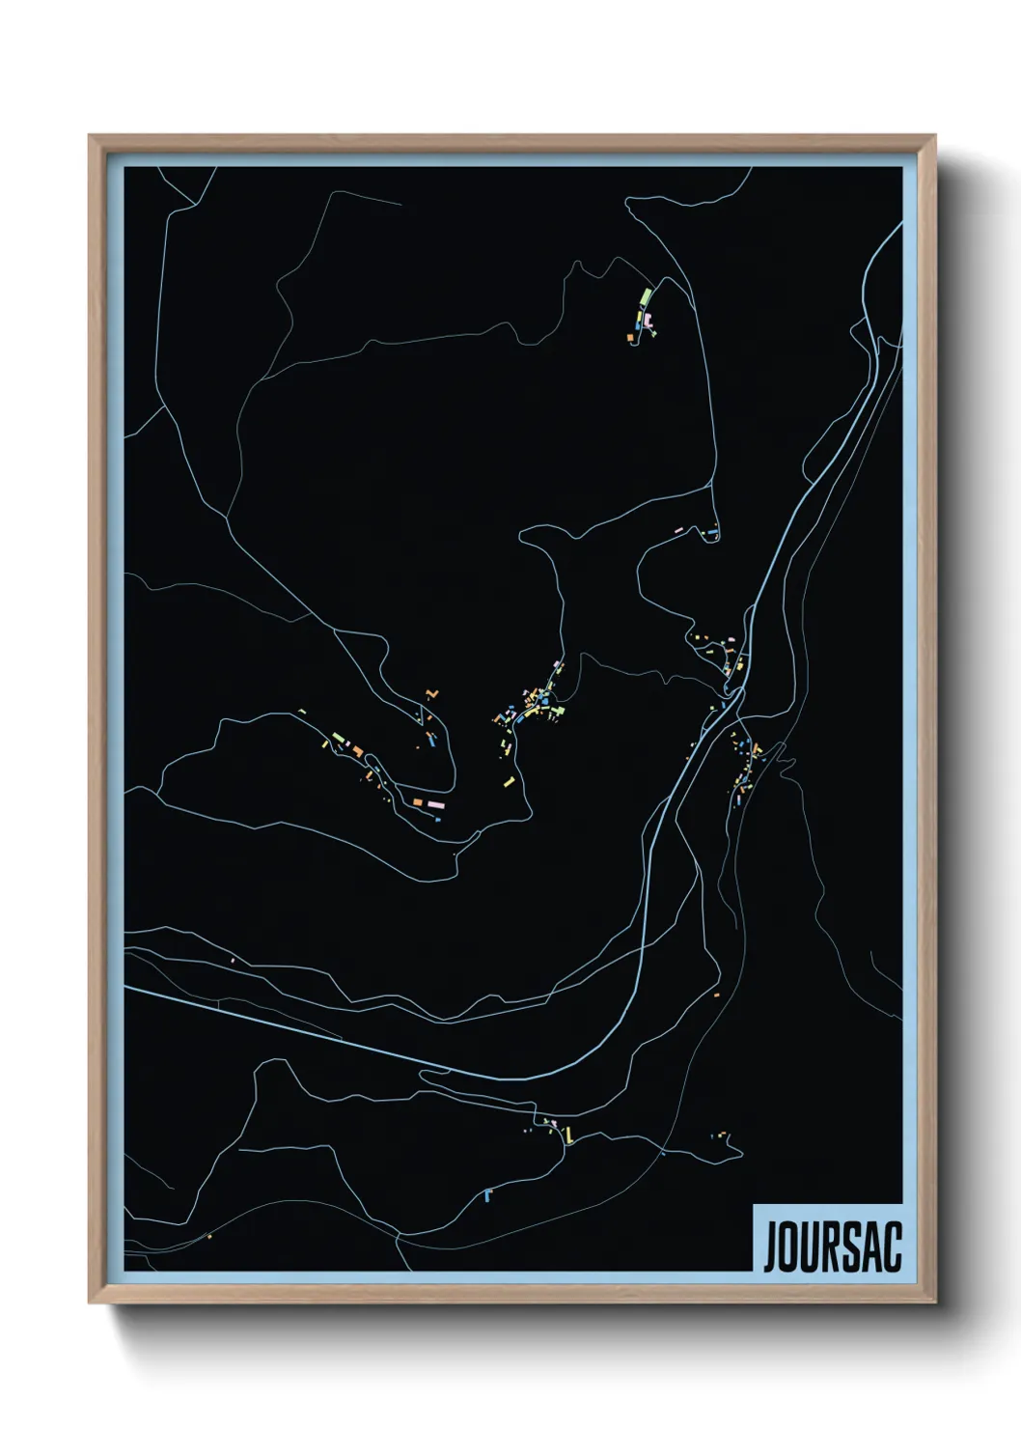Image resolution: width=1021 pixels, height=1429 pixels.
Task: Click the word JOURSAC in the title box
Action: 832,1247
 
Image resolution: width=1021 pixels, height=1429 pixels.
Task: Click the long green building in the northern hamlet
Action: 646,295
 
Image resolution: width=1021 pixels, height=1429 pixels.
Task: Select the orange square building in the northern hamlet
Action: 630,337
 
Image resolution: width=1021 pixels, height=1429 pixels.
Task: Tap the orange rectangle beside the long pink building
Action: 417,802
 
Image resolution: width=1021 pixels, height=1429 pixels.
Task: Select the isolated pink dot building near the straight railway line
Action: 233,960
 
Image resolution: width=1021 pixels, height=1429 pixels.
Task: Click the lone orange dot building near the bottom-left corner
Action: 208,1236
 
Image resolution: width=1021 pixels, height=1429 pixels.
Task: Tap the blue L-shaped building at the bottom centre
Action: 488,1195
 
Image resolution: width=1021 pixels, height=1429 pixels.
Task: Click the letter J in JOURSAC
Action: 773,1247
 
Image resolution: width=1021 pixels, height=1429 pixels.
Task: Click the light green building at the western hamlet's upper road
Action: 339,739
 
